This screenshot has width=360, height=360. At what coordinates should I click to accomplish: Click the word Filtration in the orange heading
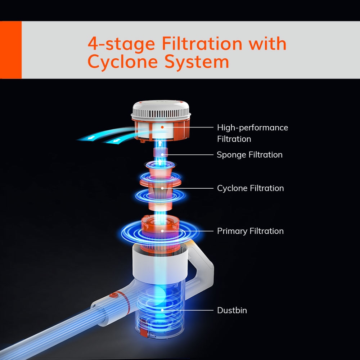202,44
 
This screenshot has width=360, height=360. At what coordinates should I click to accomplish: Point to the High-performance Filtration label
252,133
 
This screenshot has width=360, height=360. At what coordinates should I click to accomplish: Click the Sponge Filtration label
249,155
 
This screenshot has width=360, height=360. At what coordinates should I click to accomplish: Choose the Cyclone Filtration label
250,188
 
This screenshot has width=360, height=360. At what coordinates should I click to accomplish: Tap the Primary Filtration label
250,231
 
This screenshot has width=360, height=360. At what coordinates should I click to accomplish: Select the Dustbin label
232,310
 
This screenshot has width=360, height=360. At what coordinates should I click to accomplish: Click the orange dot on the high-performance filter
162,127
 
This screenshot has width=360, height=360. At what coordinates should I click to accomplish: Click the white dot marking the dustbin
162,310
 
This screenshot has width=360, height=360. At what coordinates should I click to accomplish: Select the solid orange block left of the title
11,50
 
